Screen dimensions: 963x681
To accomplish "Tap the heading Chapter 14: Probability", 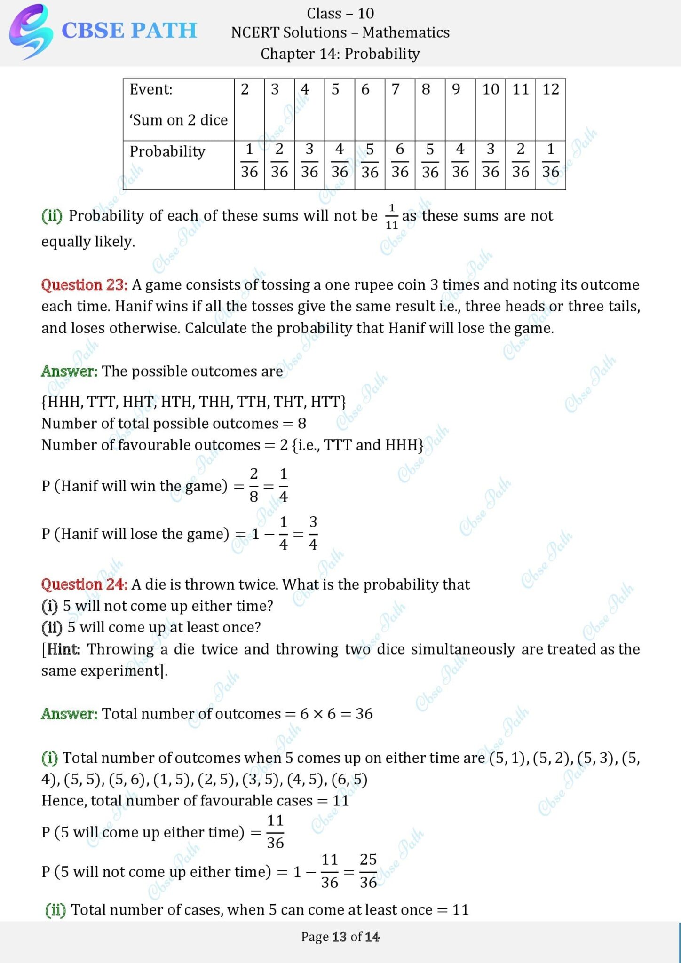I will [340, 54].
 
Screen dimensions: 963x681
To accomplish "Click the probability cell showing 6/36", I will [400, 161].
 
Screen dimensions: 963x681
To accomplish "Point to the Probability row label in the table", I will [167, 151].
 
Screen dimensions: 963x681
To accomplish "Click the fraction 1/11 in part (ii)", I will [392, 216].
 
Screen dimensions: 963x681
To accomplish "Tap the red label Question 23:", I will [84, 285].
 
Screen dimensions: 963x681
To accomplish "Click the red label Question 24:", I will [84, 584].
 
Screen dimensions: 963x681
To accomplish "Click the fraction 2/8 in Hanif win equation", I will [254, 485].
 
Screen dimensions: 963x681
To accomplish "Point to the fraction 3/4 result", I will [313, 533].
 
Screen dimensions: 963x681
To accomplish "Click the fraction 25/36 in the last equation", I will [368, 871].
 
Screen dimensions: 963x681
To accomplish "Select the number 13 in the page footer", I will [339, 937].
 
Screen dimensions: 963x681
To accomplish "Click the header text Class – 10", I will [340, 13].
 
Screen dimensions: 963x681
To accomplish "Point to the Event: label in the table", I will [151, 89].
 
